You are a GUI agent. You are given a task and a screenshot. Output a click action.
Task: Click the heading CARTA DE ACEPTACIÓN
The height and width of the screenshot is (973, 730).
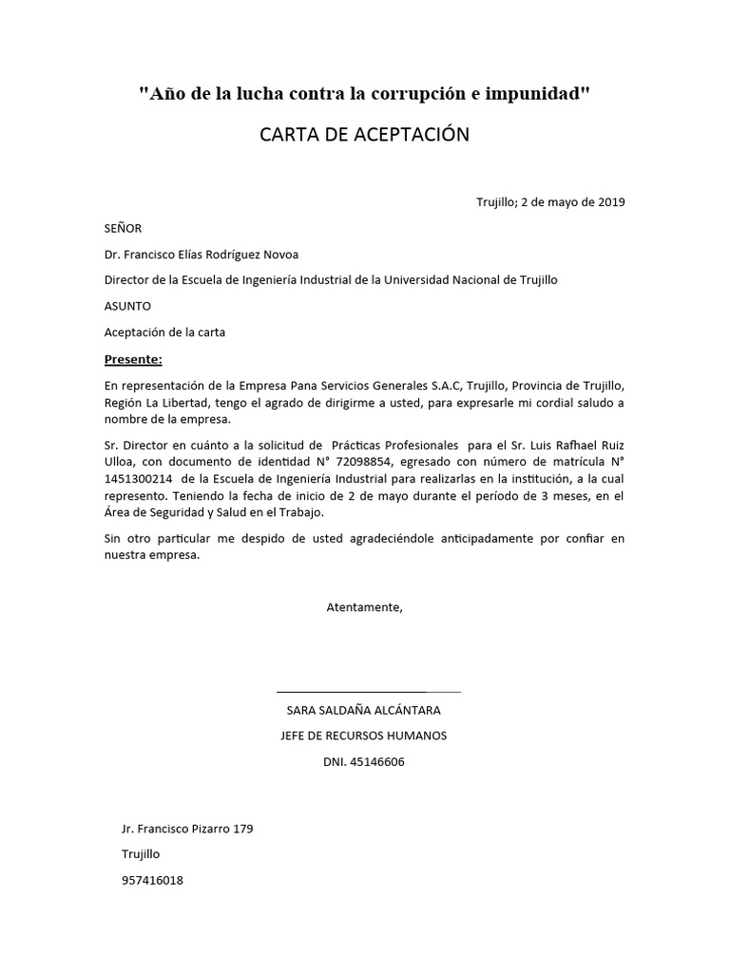pyautogui.click(x=364, y=134)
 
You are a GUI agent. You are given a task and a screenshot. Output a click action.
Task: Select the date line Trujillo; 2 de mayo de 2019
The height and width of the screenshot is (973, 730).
pyautogui.click(x=550, y=201)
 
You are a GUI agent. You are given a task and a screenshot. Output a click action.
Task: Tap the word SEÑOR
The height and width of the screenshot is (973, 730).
pyautogui.click(x=123, y=228)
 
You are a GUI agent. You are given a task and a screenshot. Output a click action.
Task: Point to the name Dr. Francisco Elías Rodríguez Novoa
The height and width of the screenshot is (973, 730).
pyautogui.click(x=202, y=254)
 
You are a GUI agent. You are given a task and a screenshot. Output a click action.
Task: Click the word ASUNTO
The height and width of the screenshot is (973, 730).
pyautogui.click(x=127, y=306)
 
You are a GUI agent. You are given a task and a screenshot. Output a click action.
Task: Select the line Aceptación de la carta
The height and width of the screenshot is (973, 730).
pyautogui.click(x=164, y=332)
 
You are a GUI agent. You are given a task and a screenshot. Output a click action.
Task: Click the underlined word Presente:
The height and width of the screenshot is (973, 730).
pyautogui.click(x=133, y=359)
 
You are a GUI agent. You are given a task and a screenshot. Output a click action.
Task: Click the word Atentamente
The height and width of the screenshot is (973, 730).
pyautogui.click(x=364, y=607)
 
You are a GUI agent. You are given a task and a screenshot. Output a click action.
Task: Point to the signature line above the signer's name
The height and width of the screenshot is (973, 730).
pyautogui.click(x=368, y=692)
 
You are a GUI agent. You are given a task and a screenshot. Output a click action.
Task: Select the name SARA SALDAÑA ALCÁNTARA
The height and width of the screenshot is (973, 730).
pyautogui.click(x=364, y=710)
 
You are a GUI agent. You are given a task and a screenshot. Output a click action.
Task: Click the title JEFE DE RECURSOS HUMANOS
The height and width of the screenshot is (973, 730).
pyautogui.click(x=364, y=735)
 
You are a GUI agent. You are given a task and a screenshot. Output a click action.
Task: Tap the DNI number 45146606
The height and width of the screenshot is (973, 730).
pyautogui.click(x=381, y=761)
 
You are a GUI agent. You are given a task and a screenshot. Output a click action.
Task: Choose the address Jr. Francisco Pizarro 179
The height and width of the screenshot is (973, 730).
pyautogui.click(x=187, y=829)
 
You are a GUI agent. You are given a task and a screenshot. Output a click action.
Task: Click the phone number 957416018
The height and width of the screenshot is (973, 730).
pyautogui.click(x=152, y=880)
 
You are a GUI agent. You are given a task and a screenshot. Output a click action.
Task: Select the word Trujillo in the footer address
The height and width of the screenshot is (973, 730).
pyautogui.click(x=141, y=854)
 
